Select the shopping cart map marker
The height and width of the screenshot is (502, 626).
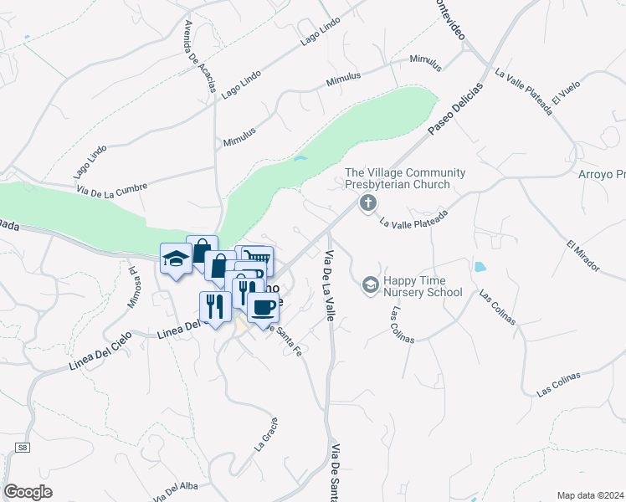(259, 259)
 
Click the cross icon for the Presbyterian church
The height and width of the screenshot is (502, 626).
(367, 203)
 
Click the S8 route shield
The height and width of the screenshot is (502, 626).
(23, 449)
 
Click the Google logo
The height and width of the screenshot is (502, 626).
(28, 492)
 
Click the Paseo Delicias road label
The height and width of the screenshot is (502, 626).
(455, 110)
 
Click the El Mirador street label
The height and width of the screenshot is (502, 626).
(582, 255)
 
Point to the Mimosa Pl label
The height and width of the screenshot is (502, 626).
(132, 287)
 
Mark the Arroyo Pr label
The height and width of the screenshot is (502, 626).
(602, 175)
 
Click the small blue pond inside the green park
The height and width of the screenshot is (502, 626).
(300, 158)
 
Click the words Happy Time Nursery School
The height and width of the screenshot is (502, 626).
(423, 287)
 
